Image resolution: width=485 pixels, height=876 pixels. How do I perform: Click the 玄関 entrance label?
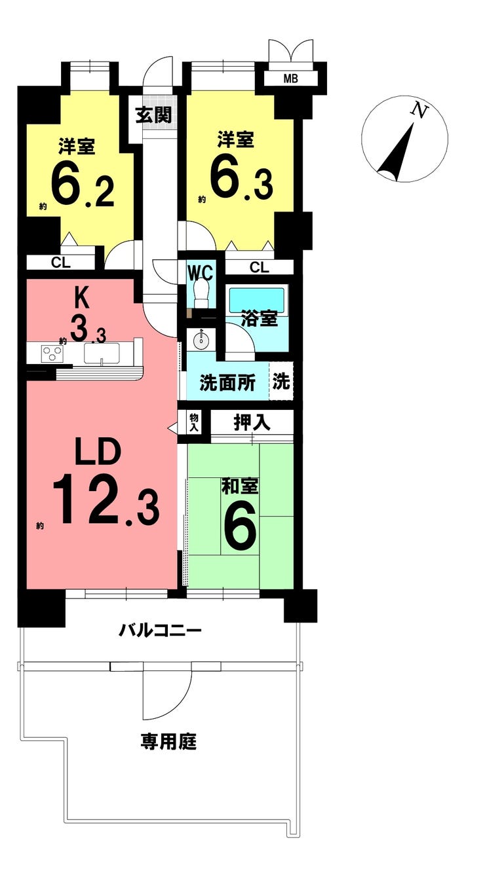coord(154,115)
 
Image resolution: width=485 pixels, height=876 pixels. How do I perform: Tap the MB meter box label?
coord(290,79)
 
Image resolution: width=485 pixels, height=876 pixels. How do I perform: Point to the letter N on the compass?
coord(419,111)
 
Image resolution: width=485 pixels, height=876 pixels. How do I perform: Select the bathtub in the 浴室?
coord(256,301)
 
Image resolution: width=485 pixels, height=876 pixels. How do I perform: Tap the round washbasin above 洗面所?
coord(200,340)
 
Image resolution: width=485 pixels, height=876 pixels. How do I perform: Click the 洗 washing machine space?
coord(281,382)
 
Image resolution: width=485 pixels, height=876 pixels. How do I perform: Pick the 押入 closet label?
coord(252,422)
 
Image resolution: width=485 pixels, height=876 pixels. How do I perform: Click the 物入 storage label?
coord(194,422)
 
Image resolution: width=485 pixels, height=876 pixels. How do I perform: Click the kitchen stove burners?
coord(52,353)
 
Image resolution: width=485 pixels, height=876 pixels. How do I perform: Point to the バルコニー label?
coord(160,631)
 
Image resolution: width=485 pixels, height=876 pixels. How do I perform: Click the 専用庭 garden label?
coord(168,742)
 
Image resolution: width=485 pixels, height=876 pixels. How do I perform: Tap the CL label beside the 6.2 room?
coord(62,263)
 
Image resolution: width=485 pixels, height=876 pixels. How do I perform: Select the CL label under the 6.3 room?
coord(259,267)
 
